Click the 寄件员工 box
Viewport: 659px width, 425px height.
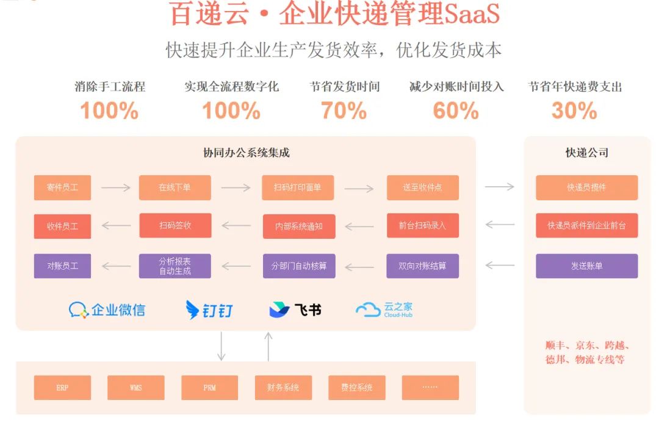[x=62, y=187]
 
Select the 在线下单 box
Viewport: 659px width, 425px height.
[x=175, y=187]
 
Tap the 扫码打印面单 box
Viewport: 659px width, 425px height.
[x=298, y=187]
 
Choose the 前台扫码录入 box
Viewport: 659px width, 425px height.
[x=422, y=225]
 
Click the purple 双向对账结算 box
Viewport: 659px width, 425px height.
[x=422, y=266]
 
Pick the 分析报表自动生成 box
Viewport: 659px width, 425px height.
[x=175, y=266]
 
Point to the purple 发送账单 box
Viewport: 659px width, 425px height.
[x=586, y=266]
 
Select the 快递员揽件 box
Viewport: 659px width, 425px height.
[x=586, y=187]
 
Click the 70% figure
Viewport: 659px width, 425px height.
[x=344, y=111]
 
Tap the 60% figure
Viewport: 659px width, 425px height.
[x=456, y=111]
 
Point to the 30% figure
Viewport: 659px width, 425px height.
[x=574, y=111]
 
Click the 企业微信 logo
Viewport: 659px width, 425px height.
[x=107, y=310]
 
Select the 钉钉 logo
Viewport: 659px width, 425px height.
[x=209, y=310]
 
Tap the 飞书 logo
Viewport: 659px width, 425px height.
[x=295, y=310]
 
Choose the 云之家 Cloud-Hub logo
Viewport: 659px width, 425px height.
[x=384, y=310]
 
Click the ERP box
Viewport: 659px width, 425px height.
[x=62, y=388]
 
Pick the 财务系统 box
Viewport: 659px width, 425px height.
[x=283, y=388]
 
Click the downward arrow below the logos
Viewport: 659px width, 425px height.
[x=221, y=346]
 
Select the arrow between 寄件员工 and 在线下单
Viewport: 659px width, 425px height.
[x=115, y=187]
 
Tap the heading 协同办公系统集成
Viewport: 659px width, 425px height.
[x=246, y=153]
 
